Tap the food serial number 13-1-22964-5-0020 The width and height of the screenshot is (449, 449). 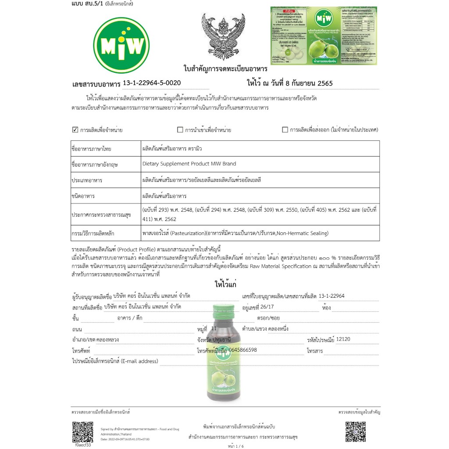[x=151, y=82]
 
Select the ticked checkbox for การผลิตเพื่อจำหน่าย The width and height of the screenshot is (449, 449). [x=75, y=130]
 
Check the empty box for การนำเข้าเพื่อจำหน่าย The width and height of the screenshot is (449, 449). [x=180, y=130]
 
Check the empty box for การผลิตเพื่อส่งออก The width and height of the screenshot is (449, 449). [x=285, y=130]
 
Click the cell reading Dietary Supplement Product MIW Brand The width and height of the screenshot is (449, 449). [x=189, y=164]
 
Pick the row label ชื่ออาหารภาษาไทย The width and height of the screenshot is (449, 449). [x=91, y=149]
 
